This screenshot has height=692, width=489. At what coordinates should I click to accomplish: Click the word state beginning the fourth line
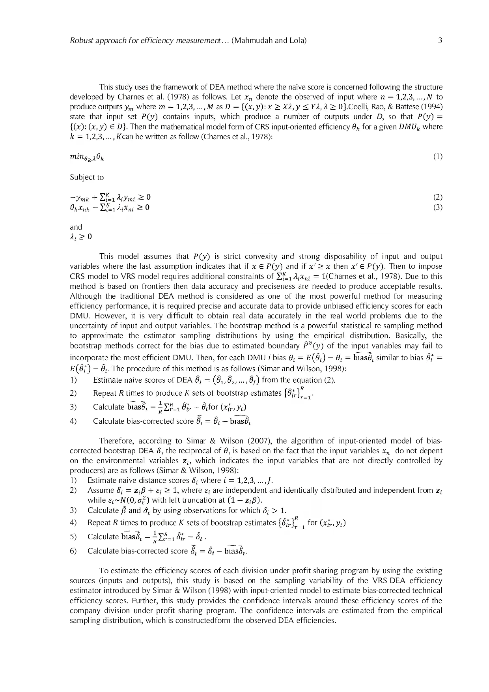pyautogui.click(x=78, y=117)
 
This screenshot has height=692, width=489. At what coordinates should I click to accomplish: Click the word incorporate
pyautogui.click(x=89, y=357)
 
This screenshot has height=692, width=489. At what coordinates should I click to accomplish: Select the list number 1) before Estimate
pyautogui.click(x=74, y=380)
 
